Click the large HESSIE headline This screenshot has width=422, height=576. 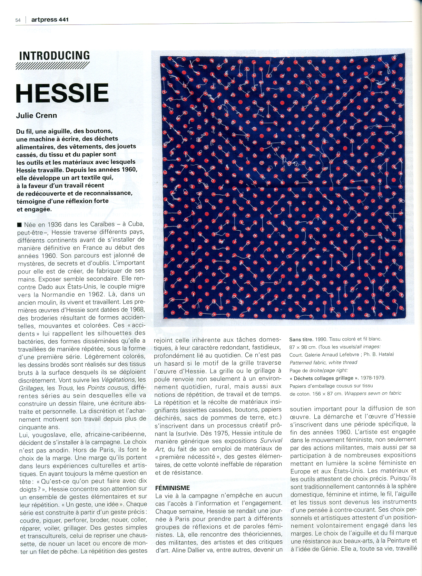[x=62, y=93]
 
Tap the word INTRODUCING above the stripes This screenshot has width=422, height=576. [x=55, y=56]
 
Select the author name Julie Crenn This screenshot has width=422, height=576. [x=37, y=115]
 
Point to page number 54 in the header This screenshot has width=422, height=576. [x=18, y=20]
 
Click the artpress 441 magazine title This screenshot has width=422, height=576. [x=50, y=20]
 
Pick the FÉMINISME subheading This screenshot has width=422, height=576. [x=173, y=488]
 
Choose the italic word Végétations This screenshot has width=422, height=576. [x=118, y=380]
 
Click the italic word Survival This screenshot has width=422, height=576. [x=271, y=441]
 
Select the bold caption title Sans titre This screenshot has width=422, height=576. [x=301, y=339]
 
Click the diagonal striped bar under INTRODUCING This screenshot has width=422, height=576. [x=52, y=66]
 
